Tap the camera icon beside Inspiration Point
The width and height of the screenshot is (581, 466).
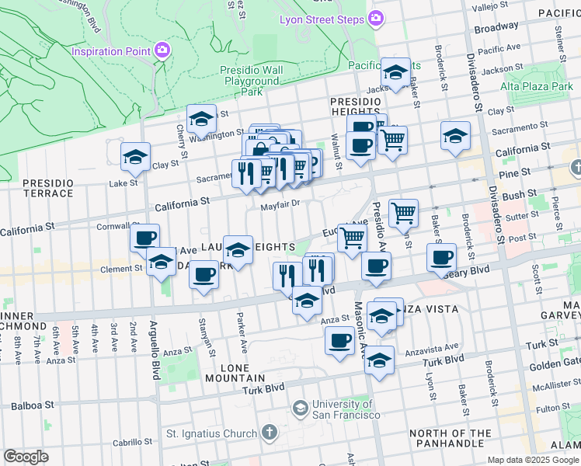[162, 51]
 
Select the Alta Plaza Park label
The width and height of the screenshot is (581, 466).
[536, 87]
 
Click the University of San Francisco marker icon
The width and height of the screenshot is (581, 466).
[300, 408]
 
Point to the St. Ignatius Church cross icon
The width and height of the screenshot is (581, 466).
[269, 433]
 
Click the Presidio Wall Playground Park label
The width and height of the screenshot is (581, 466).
[251, 81]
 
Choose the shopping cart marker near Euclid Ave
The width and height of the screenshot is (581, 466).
[352, 237]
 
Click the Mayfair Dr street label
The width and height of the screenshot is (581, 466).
[280, 206]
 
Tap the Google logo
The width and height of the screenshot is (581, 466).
[26, 457]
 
